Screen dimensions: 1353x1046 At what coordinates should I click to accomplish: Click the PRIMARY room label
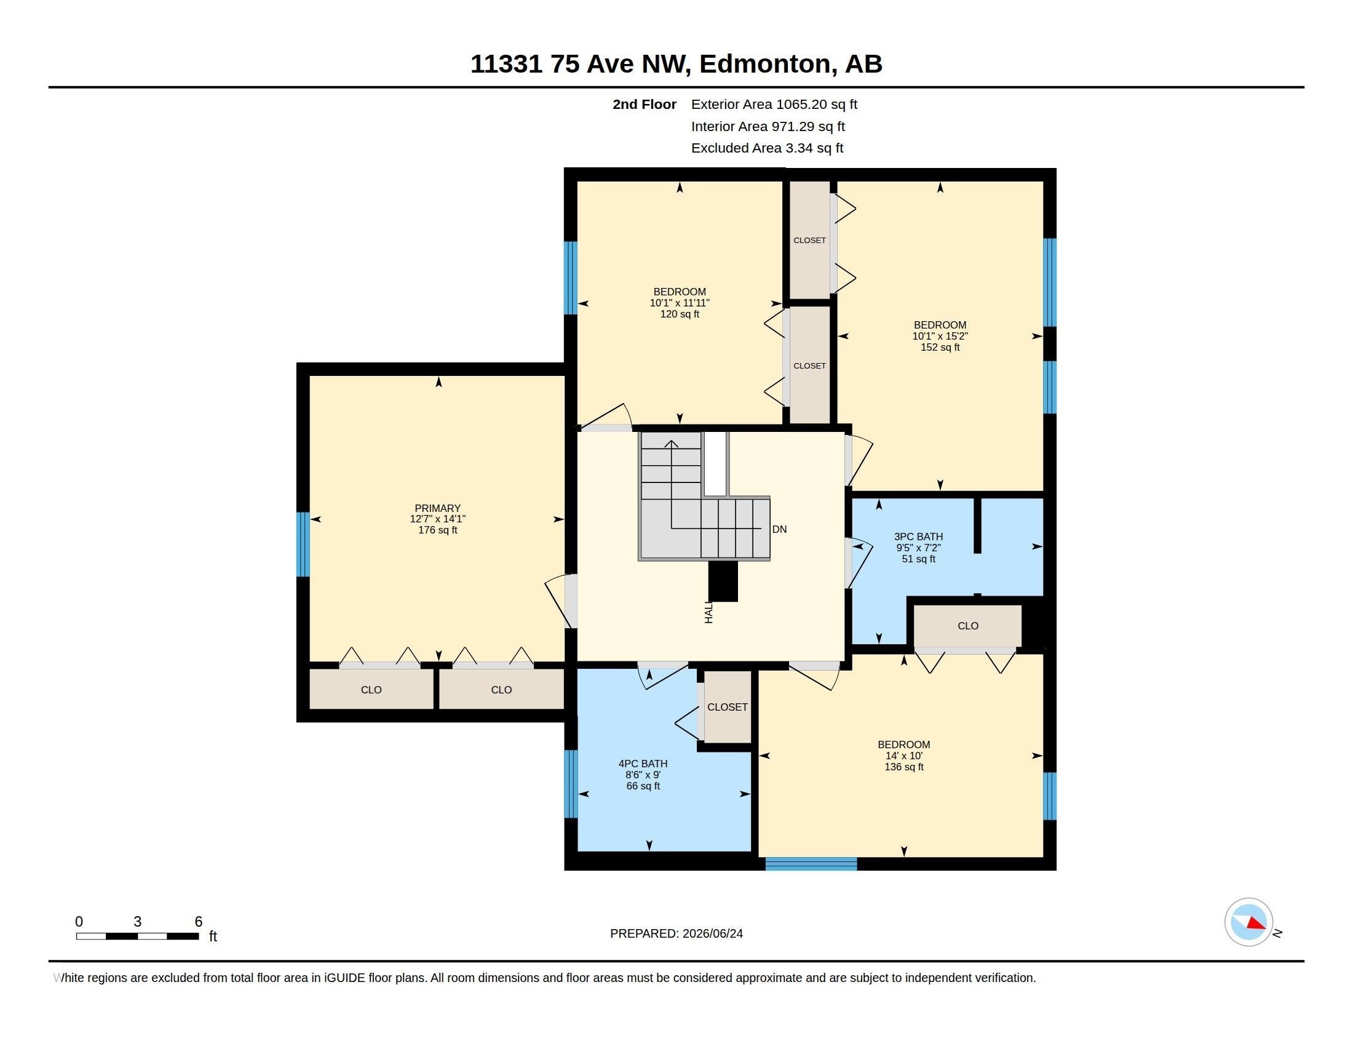point(437,508)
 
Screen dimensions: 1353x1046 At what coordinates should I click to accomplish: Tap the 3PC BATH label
point(918,537)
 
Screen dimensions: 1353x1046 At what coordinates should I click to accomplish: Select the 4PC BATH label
point(643,764)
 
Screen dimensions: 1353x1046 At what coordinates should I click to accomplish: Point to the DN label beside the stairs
point(779,529)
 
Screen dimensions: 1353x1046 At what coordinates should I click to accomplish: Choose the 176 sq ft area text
point(437,530)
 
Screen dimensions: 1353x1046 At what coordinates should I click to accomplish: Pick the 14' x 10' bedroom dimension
point(904,756)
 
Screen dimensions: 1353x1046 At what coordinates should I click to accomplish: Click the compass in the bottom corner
point(1248,922)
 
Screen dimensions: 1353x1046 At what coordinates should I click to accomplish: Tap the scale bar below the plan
point(138,936)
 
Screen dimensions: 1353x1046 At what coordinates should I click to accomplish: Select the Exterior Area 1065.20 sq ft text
point(774,104)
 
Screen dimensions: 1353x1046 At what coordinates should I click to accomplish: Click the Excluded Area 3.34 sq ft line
point(767,148)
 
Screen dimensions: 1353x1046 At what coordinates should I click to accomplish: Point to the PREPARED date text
point(676,933)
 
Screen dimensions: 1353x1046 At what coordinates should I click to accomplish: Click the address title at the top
point(676,64)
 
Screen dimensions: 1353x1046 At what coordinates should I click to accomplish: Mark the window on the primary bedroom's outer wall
point(303,544)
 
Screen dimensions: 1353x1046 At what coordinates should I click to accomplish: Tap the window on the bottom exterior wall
point(811,864)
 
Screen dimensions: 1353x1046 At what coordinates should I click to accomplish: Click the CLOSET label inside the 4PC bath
point(728,707)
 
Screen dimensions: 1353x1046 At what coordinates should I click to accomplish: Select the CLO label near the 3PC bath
point(967,626)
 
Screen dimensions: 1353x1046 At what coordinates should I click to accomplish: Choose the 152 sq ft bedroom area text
point(940,348)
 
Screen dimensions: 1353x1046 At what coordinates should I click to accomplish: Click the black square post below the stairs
point(723,581)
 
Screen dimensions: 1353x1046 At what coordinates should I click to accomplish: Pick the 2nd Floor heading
point(645,104)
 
